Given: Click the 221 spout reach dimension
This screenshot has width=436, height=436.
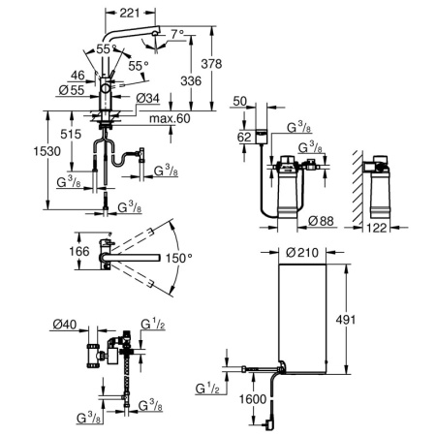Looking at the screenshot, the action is [130, 13].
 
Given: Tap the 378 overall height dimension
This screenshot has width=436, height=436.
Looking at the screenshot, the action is [211, 64].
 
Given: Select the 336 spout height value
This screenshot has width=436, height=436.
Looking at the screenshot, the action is [191, 80].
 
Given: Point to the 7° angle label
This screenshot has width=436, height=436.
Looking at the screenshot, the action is [177, 34].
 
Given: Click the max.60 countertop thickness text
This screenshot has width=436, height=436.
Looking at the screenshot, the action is [170, 118].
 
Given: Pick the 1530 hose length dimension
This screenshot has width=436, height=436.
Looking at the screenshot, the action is [47, 151].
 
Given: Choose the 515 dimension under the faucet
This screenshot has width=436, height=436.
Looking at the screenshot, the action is [71, 134].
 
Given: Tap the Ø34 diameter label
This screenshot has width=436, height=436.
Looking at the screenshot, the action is [147, 98].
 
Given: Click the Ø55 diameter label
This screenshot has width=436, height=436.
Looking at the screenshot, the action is [72, 90].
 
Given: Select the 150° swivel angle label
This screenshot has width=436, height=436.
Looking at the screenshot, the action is [179, 258].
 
